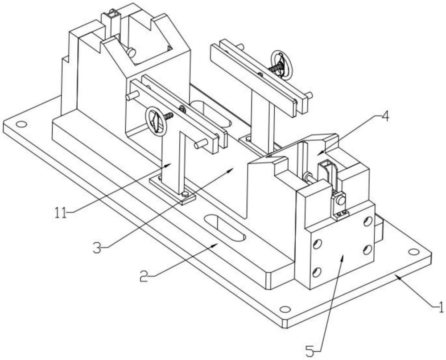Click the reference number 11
point(61,213)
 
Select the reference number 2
point(144,276)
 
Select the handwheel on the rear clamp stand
point(281,65)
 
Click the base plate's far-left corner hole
point(21,124)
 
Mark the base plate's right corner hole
point(413,252)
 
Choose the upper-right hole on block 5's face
point(368,221)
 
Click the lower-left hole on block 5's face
point(317,273)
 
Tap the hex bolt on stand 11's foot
point(185,194)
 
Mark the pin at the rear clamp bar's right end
point(309,95)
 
